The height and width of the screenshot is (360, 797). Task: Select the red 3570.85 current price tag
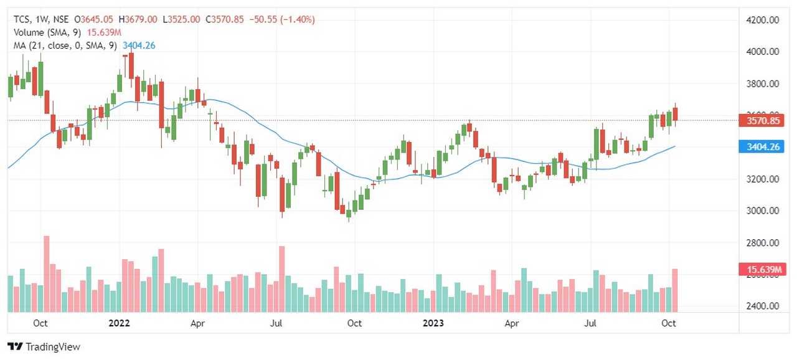click(762, 121)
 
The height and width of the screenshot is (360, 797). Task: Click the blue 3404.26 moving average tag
click(762, 147)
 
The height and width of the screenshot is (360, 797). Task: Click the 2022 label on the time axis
click(119, 323)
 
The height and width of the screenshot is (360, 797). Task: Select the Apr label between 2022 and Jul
click(197, 323)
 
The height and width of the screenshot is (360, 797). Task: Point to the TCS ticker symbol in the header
click(23, 19)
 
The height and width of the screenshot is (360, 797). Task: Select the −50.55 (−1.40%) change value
click(282, 19)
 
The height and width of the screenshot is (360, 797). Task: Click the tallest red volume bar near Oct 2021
click(46, 274)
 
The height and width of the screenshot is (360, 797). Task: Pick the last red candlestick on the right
click(674, 115)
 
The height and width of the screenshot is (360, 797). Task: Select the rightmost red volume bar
click(674, 290)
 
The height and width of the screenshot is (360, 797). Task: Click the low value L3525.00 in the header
click(181, 19)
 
